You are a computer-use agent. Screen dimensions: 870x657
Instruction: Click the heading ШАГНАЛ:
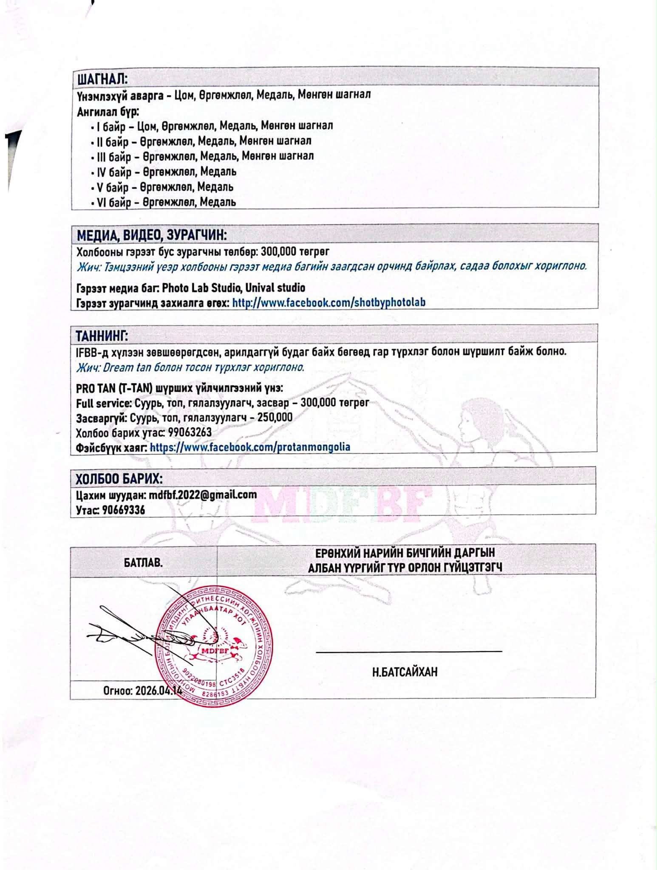102,79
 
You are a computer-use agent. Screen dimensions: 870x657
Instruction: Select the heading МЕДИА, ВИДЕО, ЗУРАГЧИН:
151,235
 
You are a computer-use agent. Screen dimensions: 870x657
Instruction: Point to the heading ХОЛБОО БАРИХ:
119,479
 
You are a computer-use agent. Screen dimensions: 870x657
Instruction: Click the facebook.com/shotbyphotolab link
329,302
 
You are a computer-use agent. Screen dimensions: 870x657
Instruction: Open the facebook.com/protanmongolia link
250,447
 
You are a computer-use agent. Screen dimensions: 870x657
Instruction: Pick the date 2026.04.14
158,690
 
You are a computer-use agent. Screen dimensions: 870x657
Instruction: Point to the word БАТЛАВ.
143,563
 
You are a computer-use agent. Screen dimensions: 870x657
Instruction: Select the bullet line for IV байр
164,172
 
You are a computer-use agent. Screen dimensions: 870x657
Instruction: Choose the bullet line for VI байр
164,202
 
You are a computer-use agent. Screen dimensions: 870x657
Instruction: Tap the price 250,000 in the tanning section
275,417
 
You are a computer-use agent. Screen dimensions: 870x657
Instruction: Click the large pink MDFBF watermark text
340,504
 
